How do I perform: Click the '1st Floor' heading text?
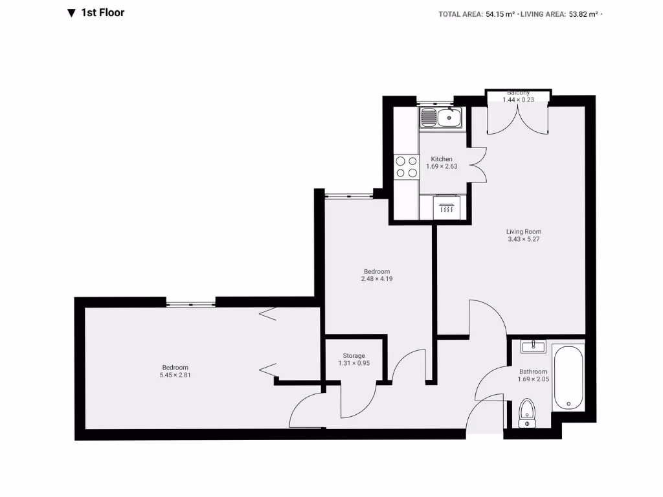102,12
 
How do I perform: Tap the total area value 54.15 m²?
500,14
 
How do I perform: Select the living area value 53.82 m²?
583,14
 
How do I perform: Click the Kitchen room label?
442,159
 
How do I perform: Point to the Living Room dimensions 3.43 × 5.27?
524,239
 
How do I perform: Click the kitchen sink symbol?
441,118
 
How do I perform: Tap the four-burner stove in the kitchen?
406,166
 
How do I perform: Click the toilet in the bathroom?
528,413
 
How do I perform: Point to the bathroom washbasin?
533,346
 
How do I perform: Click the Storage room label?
354,355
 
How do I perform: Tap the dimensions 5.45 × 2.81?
175,375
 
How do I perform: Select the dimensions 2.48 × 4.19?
377,279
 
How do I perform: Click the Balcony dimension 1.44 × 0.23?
518,99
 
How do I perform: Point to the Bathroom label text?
534,371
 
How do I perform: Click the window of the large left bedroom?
190,302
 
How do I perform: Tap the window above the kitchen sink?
434,102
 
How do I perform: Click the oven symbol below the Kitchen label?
446,208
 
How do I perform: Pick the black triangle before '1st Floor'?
71,13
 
